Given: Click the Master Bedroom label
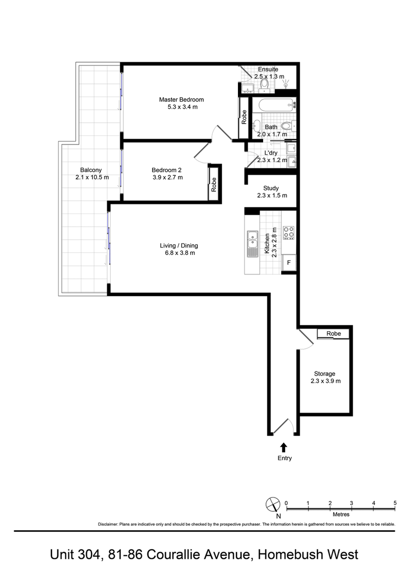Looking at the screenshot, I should click(182, 100).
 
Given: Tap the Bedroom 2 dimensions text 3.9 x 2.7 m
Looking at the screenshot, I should click(168, 177).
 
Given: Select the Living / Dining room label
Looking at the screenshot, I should click(179, 246).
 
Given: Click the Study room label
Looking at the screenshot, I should click(271, 188).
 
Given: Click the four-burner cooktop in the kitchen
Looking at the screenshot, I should click(289, 233).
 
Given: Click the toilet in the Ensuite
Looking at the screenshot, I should click(265, 84).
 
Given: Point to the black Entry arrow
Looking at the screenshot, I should click(284, 447).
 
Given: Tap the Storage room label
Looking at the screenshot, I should click(324, 374).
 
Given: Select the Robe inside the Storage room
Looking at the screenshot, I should click(333, 334).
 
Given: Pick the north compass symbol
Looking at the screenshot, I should click(273, 504).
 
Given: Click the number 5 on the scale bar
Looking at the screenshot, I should click(395, 503).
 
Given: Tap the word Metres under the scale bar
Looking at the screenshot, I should click(341, 515).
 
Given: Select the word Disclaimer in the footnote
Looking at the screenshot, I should click(108, 524).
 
